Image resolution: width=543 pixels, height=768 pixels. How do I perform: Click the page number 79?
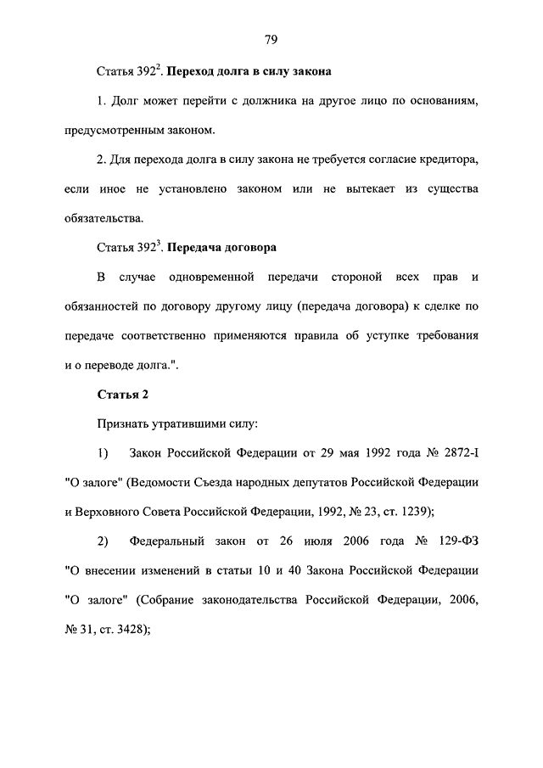271,40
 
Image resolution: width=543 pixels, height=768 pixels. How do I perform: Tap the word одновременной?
220,277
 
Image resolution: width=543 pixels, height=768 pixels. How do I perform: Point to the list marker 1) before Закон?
103,451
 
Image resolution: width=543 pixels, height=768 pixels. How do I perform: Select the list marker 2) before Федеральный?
103,540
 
